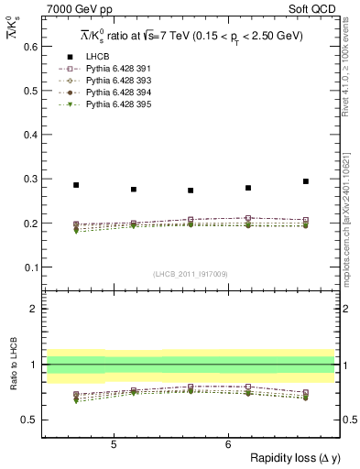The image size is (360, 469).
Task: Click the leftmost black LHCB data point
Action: [x=76, y=185]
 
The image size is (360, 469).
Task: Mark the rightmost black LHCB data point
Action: [x=306, y=181]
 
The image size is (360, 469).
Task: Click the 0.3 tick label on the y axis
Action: [x=29, y=179]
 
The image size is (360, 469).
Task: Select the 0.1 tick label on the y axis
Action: [x=29, y=267]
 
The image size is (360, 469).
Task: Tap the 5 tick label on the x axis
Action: [x=113, y=444]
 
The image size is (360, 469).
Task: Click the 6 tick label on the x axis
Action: [x=227, y=444]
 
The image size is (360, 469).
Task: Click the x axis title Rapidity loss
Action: [x=292, y=459]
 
